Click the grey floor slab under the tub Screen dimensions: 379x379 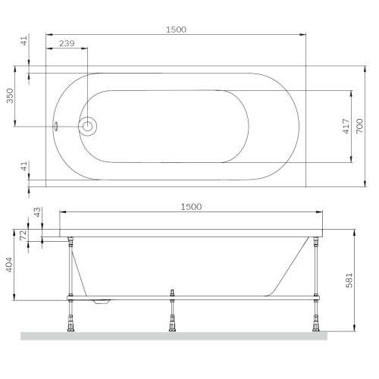coord(174,336)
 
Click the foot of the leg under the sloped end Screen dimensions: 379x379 coord(314,324)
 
